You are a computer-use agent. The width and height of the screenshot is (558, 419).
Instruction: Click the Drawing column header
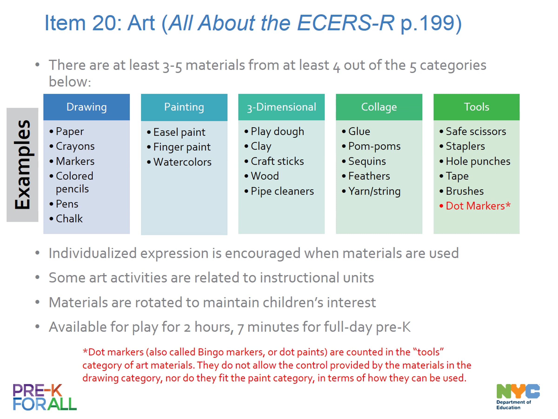click(x=86, y=107)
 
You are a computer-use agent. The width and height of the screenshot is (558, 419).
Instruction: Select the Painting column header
click(x=184, y=107)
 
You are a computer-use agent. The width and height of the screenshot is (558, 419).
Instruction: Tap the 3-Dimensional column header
click(x=282, y=107)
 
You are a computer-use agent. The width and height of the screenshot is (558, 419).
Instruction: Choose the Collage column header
click(x=379, y=107)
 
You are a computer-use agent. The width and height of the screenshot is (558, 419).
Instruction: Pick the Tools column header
click(x=477, y=107)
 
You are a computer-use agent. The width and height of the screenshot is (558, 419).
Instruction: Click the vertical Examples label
click(x=23, y=165)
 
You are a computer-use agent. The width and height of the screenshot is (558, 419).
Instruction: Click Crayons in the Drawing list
click(x=75, y=146)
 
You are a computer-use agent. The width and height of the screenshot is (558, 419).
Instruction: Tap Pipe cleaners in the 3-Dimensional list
click(x=282, y=191)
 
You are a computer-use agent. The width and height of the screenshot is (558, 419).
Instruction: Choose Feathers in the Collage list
click(x=369, y=176)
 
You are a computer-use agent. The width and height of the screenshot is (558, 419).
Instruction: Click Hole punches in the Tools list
click(x=478, y=161)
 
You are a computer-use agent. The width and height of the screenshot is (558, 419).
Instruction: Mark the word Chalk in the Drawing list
click(x=69, y=219)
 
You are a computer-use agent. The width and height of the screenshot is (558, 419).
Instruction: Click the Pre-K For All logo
click(x=45, y=397)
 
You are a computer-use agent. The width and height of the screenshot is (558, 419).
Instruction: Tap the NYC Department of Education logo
click(x=518, y=396)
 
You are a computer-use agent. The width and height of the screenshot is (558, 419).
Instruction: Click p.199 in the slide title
click(x=431, y=23)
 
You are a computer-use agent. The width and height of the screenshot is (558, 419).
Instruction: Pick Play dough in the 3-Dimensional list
click(x=277, y=132)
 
